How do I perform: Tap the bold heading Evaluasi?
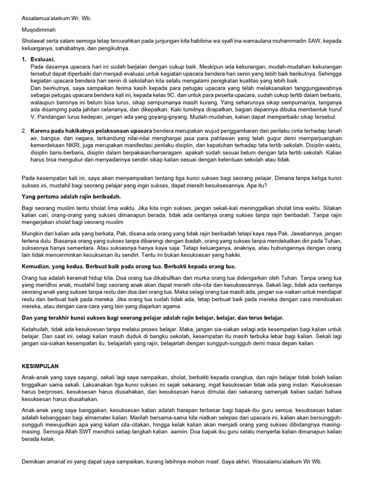coord(43,59)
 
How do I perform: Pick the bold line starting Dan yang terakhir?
coord(153,317)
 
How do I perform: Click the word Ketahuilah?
coord(38,329)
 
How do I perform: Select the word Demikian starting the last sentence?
coord(35,461)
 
